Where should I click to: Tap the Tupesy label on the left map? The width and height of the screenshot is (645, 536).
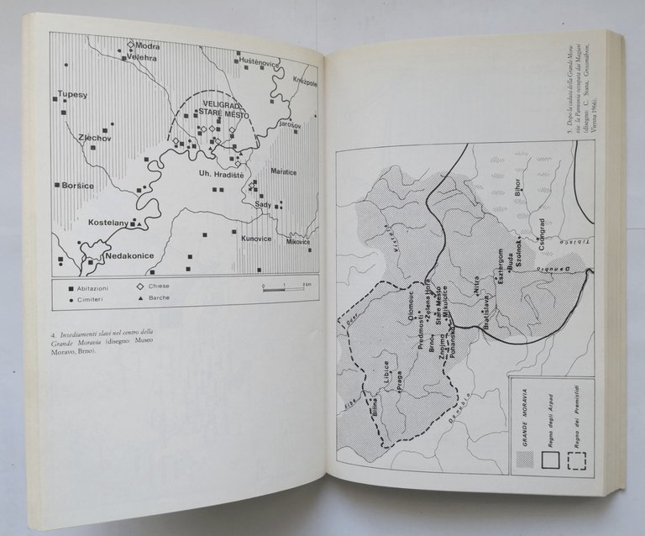(x=72, y=94)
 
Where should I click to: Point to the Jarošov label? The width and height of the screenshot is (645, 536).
(x=291, y=124)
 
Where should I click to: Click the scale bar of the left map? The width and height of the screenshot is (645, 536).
(x=286, y=290)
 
